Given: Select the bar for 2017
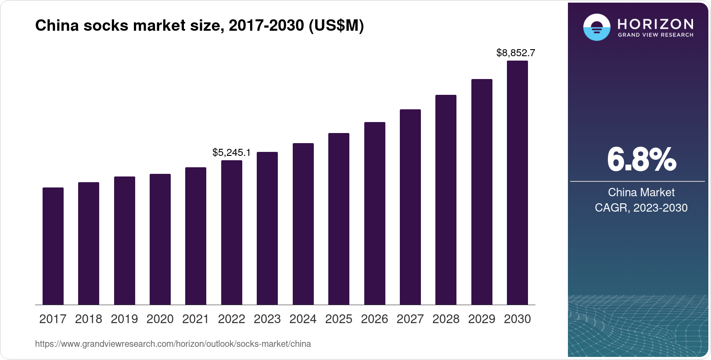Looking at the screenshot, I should pos(53,246).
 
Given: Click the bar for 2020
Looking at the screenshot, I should pos(160,239).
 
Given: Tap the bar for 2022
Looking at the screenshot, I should pos(232,233).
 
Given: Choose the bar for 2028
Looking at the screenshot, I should pos(446,200).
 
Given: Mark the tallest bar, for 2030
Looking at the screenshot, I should pos(517,183).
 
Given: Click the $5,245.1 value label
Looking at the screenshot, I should pos(231,153).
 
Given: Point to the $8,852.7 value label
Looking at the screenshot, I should pos(516,53).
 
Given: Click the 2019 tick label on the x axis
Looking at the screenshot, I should pos(124,319).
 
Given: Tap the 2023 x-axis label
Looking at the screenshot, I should pos(267,319).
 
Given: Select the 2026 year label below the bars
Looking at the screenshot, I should pos(374,319).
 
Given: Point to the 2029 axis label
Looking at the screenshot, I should pos(481,319).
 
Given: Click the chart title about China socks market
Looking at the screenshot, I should pos(199,26).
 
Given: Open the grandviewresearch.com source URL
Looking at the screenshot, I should pos(173,344).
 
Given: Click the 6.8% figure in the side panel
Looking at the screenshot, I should pos(641,160).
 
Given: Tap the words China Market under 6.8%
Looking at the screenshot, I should pos(641,192).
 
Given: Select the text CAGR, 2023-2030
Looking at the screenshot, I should pos(641,208).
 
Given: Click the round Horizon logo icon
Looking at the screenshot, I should pos(596,27).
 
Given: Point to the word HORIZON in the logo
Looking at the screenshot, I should pos(655,24).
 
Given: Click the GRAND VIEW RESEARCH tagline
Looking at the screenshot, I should pos(655,35).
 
